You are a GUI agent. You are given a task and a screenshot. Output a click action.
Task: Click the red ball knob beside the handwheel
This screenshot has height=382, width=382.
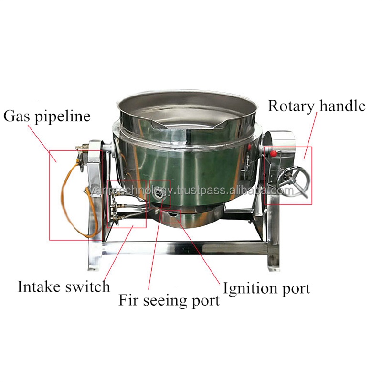pos(274,154)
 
